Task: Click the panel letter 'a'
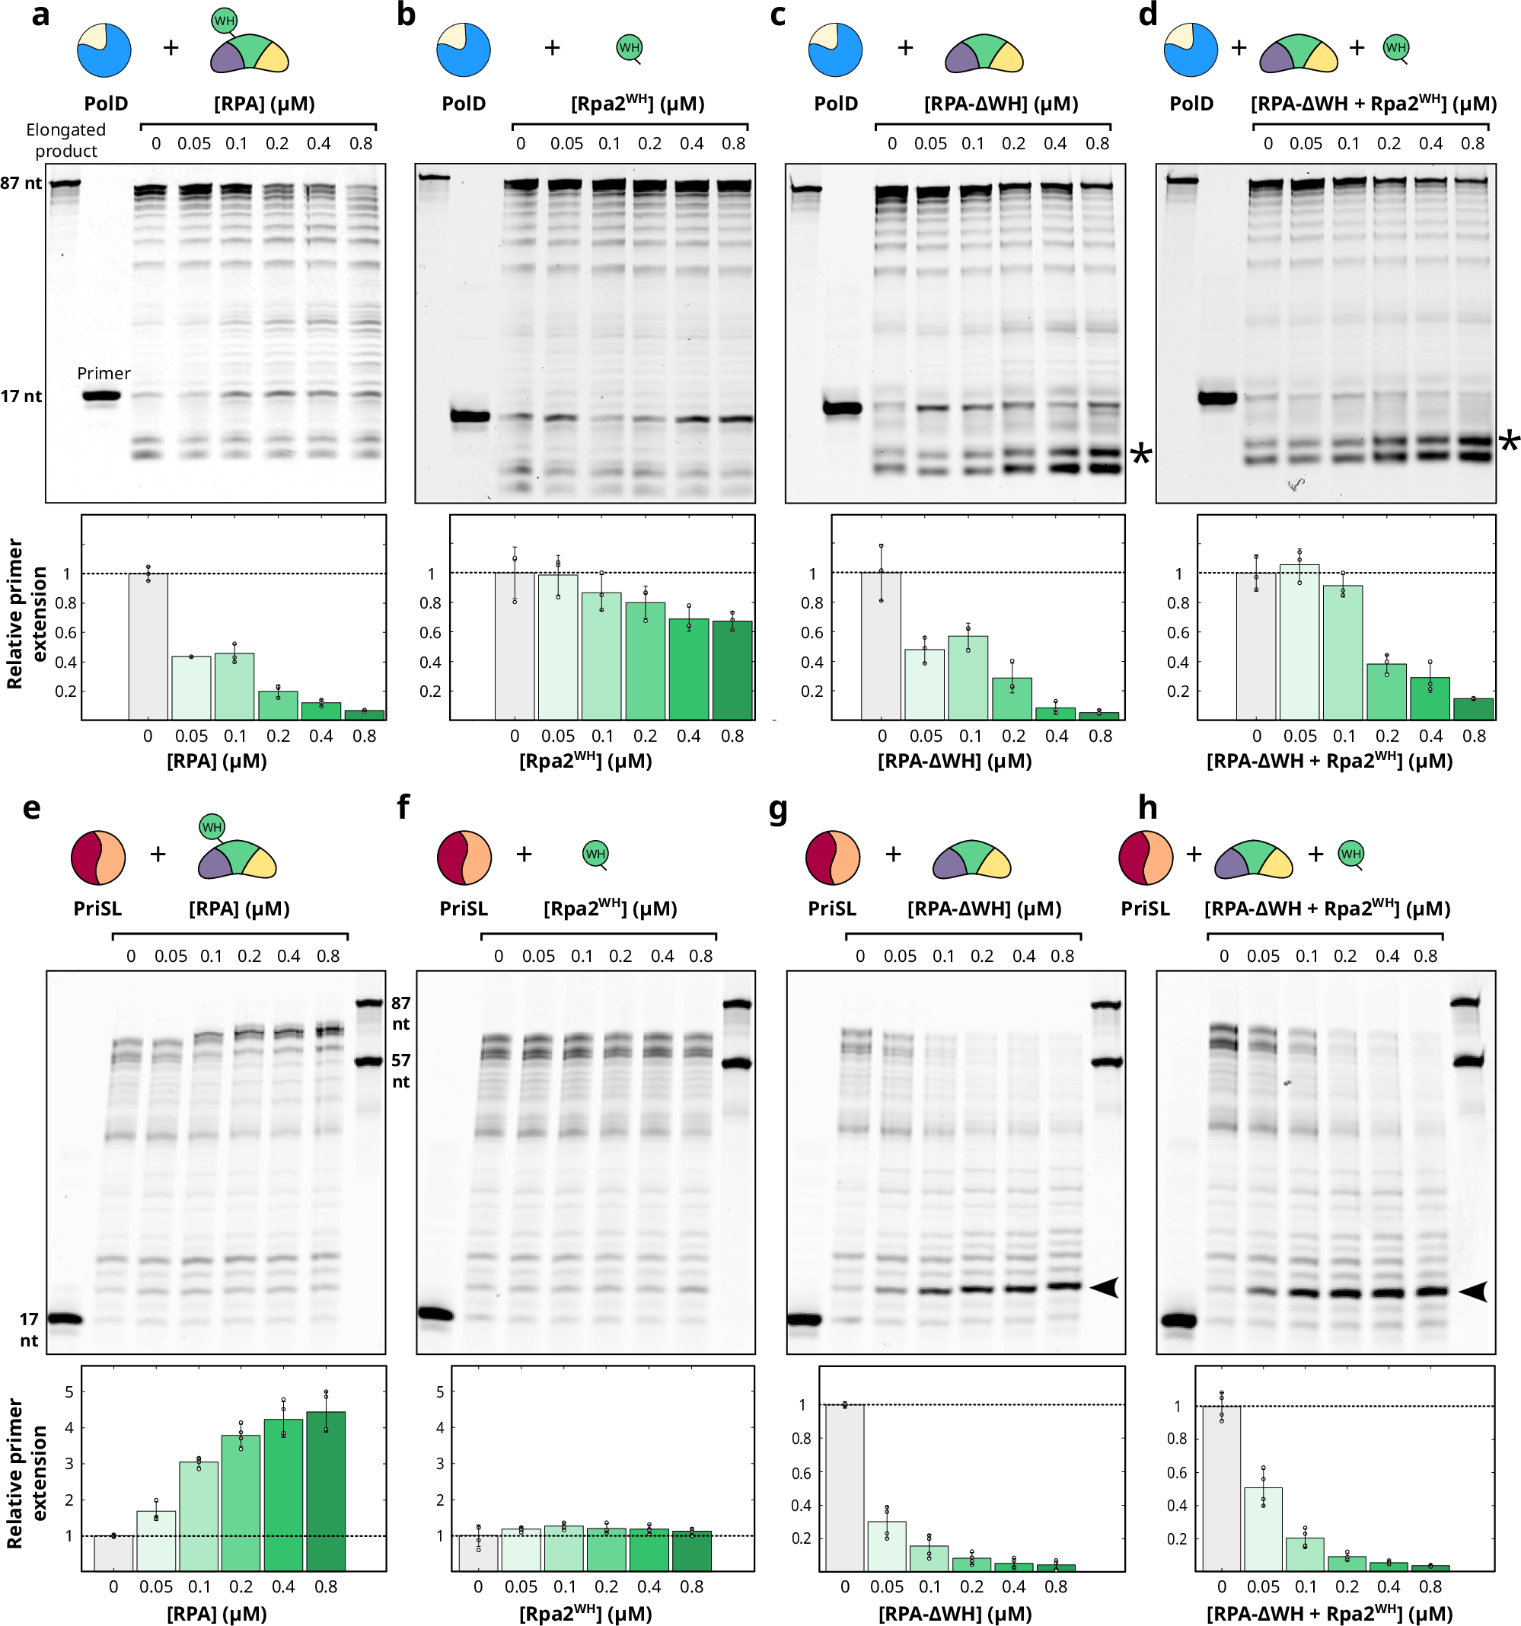point(40,14)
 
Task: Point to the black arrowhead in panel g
point(1105,1287)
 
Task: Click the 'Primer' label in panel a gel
point(103,373)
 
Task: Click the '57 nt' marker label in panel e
point(400,1071)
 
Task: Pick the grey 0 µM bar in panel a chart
point(148,646)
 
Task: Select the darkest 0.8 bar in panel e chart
point(326,1492)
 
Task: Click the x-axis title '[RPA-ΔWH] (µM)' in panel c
point(955,762)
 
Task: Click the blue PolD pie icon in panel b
point(464,49)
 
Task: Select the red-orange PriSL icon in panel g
point(833,857)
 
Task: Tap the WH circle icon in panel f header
point(595,854)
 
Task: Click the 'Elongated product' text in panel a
point(65,140)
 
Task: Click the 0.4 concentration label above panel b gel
point(691,144)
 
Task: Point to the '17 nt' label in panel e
point(29,1329)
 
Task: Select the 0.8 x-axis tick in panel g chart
point(1056,1586)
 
